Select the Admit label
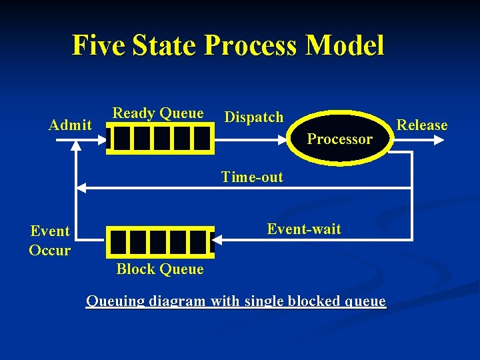(x=71, y=125)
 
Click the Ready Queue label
(x=158, y=113)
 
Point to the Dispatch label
(x=254, y=117)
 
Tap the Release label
(x=422, y=125)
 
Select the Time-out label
(x=252, y=177)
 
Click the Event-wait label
(x=304, y=229)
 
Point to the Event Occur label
(x=50, y=241)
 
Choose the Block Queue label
(x=160, y=269)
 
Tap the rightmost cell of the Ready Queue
(x=201, y=139)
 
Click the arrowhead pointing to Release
(x=438, y=140)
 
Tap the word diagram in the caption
(x=179, y=301)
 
